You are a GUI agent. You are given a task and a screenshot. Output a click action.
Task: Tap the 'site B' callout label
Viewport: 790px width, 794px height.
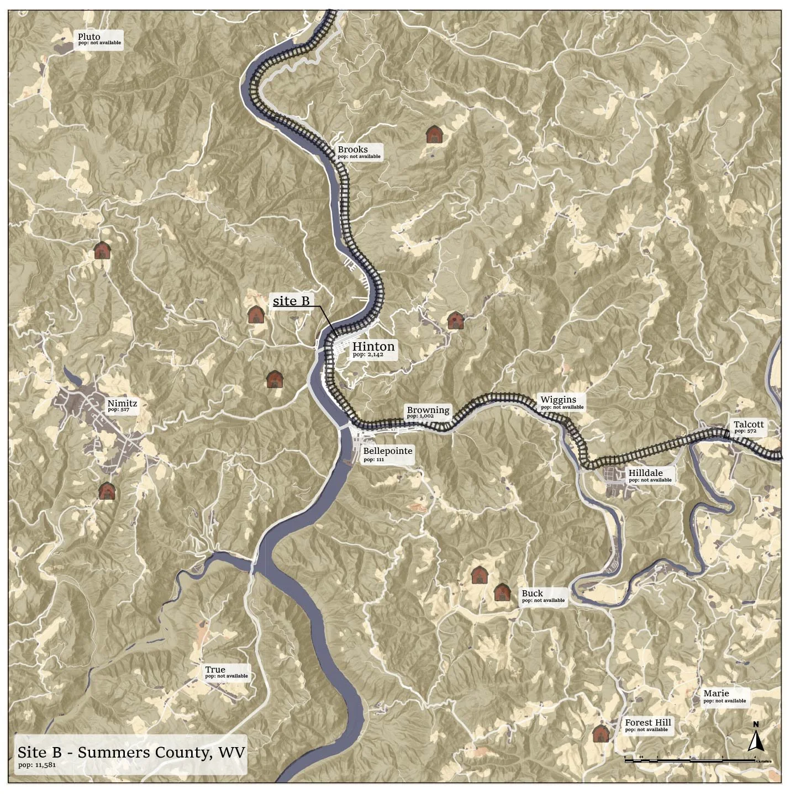[x=291, y=301]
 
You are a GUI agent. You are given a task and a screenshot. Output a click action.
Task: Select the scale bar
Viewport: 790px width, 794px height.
[x=689, y=760]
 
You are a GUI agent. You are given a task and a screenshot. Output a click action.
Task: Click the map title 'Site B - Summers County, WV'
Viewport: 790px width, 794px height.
[x=131, y=753]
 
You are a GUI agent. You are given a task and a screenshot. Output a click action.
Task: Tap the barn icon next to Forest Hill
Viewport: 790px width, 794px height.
[x=601, y=733]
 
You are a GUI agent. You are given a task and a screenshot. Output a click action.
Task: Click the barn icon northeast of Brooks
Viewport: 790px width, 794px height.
[x=434, y=134]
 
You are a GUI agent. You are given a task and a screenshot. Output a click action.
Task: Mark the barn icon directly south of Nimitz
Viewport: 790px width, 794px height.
[x=107, y=490]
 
